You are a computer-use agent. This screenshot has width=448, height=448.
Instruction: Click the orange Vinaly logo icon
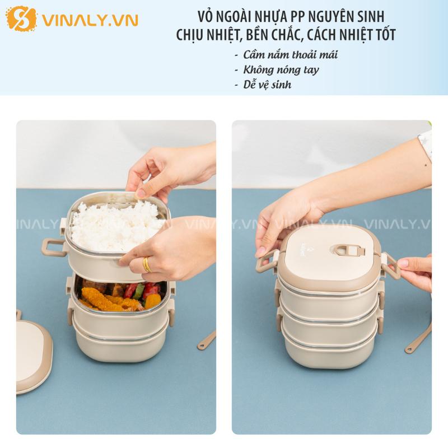21,18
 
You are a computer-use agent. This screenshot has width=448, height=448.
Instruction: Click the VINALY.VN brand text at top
90,21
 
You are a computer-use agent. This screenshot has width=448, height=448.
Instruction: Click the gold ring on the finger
146,264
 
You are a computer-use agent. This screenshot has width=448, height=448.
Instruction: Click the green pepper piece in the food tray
139,291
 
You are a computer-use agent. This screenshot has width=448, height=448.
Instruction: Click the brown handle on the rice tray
53,247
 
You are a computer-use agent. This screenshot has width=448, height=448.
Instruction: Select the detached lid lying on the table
34,356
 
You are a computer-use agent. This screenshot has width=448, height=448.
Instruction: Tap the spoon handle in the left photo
206,340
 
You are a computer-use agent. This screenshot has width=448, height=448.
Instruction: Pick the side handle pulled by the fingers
391,265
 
